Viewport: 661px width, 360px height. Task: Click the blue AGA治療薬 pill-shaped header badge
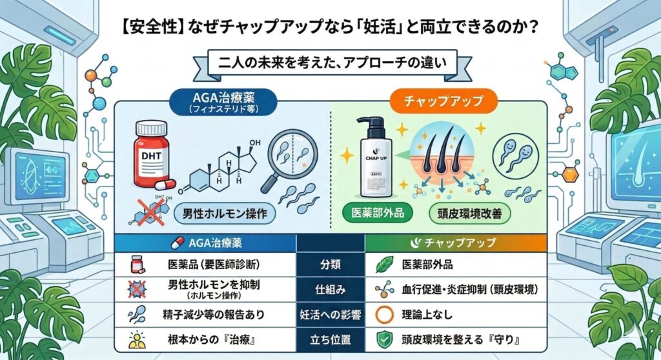tap(223, 102)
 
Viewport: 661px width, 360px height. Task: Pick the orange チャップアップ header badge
tap(443, 101)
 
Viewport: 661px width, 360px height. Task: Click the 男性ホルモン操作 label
tap(225, 214)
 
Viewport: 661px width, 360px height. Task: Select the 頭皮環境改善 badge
tap(469, 214)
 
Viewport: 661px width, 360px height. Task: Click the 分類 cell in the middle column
tap(330, 265)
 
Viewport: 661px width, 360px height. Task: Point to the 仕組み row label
tap(330, 290)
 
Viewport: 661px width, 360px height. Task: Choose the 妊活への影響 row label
tap(330, 314)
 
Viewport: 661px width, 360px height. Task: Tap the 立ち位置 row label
tap(330, 339)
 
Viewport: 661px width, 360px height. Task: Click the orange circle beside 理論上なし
tap(384, 314)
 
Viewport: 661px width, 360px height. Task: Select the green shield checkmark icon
tap(384, 339)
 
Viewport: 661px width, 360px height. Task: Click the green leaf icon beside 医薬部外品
tap(384, 265)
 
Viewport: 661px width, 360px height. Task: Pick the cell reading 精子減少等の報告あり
tap(213, 314)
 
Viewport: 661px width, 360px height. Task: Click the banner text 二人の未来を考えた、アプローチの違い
tap(332, 63)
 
